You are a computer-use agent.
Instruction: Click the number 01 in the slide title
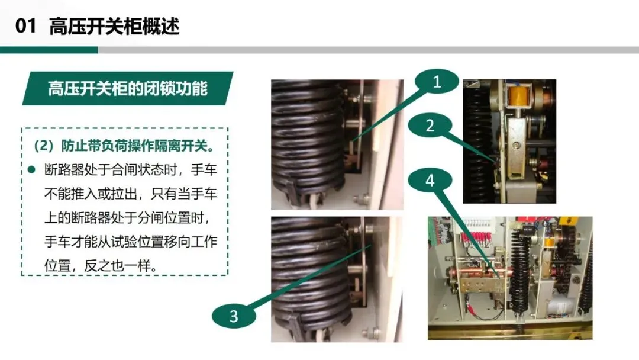[25, 26]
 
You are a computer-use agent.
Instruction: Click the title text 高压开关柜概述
[115, 26]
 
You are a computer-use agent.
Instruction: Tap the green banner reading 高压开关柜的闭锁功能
[128, 88]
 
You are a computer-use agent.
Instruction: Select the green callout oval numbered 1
[437, 82]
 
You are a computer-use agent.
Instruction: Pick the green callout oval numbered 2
[430, 126]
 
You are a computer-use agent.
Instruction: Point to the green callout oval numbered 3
[234, 316]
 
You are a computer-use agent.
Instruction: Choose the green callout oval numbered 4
[430, 181]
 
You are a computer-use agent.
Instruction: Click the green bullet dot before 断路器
[32, 169]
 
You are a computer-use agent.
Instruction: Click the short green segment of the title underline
[49, 50]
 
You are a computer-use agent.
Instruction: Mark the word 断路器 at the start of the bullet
[64, 169]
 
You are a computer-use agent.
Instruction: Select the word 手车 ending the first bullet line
[204, 169]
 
